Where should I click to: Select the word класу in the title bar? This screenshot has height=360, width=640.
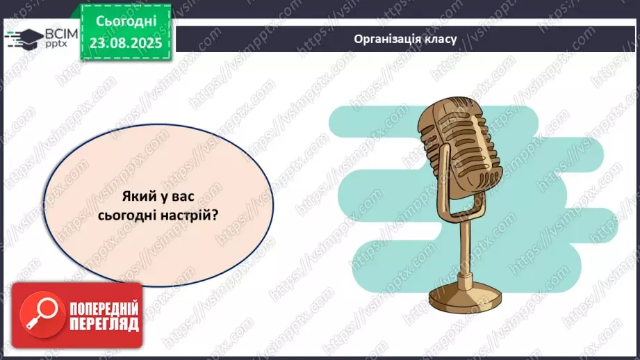coord(440,39)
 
